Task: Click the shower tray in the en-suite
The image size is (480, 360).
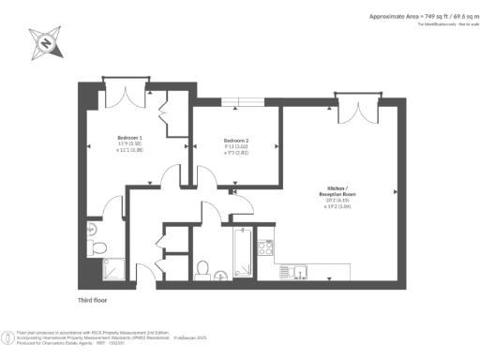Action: click(x=98, y=271)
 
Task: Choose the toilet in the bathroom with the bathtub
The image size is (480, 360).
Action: click(x=203, y=268)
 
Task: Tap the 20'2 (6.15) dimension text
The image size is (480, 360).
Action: click(x=337, y=202)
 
